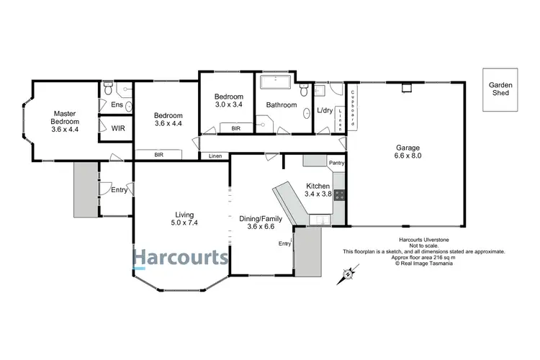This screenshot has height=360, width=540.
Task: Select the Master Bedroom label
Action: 65,121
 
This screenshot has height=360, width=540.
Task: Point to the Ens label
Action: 116,105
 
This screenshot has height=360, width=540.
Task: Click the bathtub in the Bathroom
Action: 274,81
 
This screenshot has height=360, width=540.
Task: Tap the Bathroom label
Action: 281,105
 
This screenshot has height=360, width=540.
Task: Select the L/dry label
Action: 325,110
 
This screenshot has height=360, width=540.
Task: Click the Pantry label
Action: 337,163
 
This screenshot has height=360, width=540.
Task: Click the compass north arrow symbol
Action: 348,273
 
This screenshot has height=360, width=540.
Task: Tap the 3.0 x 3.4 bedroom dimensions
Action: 229,106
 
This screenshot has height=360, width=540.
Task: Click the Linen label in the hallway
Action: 215,156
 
